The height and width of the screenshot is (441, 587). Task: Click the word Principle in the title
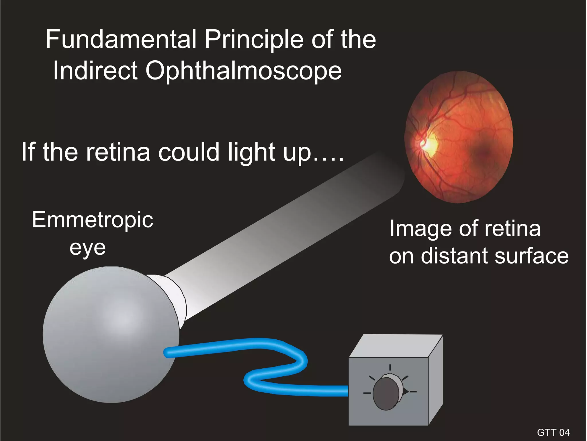click(254, 40)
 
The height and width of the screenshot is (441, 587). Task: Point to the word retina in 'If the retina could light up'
click(118, 152)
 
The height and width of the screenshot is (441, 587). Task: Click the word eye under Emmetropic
click(87, 247)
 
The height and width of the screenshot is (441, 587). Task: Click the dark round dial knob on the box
click(386, 393)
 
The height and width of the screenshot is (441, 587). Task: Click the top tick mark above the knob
click(390, 367)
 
